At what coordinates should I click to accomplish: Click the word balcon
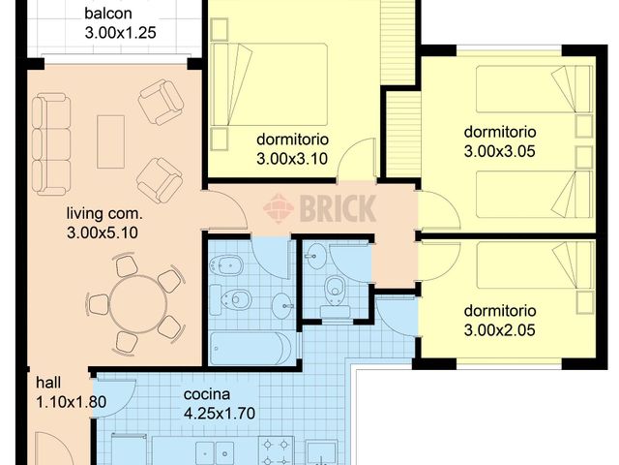(x=107, y=15)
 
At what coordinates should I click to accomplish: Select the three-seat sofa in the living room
(x=50, y=143)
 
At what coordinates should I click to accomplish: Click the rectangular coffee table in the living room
(x=110, y=139)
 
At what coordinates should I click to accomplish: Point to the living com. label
(x=104, y=214)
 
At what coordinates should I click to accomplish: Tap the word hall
(x=49, y=383)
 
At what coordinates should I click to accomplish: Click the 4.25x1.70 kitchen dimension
(x=220, y=414)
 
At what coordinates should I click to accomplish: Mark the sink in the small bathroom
(x=314, y=257)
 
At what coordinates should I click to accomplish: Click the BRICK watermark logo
(x=319, y=207)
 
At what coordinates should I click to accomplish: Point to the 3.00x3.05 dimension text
(x=500, y=151)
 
